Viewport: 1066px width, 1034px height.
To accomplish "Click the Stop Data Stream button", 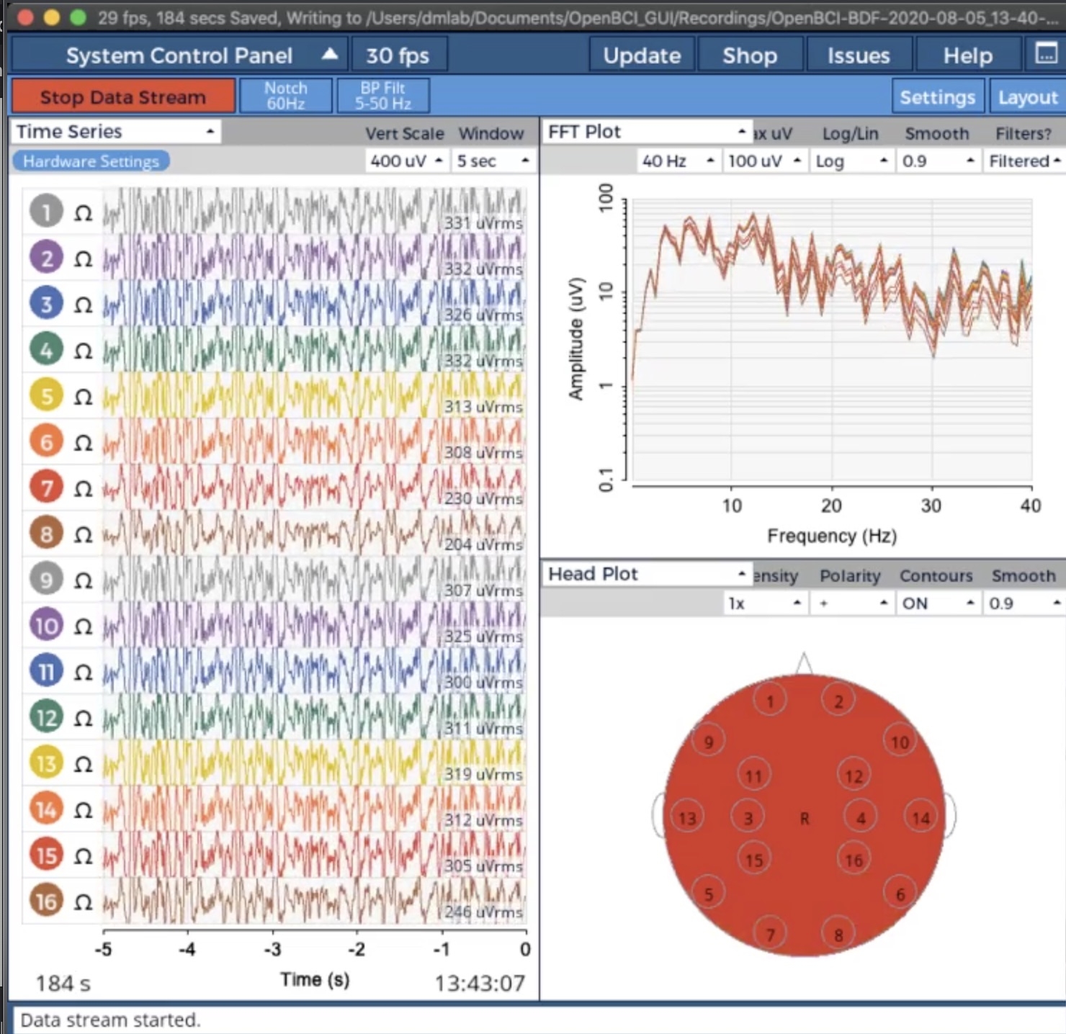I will click(x=122, y=96).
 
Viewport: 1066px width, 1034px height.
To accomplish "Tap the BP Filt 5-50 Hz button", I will click(x=382, y=96).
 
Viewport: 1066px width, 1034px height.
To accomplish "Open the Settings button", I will click(x=937, y=96).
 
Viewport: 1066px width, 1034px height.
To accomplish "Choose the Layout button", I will click(x=1027, y=96).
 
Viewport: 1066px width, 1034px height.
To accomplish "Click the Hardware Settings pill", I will click(x=91, y=161).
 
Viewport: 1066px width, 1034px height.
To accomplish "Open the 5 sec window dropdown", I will click(x=493, y=161).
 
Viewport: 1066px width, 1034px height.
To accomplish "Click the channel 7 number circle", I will click(x=46, y=487).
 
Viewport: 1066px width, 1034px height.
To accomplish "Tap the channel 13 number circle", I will click(x=46, y=763).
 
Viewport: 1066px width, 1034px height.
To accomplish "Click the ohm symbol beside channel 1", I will click(x=84, y=212).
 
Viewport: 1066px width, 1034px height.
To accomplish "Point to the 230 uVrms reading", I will click(x=483, y=498).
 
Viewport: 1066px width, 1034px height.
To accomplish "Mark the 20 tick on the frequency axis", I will click(x=831, y=505).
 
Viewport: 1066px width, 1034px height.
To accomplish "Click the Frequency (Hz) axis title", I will click(x=832, y=536).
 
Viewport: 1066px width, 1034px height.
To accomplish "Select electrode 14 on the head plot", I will click(x=921, y=817).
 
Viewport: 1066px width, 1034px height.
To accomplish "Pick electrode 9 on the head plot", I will click(x=709, y=742).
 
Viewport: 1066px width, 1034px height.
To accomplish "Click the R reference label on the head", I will click(x=805, y=818).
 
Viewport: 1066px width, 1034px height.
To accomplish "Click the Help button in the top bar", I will click(x=967, y=55).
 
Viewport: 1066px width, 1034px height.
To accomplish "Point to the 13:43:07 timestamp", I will click(x=480, y=983).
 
